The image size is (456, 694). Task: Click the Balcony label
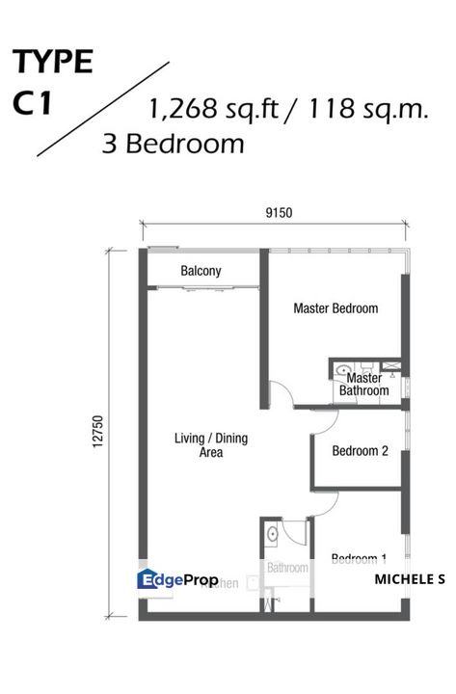201,272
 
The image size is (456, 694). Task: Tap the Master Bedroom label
335,308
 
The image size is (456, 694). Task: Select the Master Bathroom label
363,385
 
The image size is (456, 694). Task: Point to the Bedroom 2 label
360,450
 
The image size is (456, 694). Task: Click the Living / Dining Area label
210,444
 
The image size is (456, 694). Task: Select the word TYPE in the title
53,63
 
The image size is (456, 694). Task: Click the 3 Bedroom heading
173,144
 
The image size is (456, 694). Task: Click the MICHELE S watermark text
409,579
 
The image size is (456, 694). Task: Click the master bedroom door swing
281,396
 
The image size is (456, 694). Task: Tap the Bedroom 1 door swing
295,532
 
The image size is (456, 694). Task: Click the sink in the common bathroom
273,533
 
